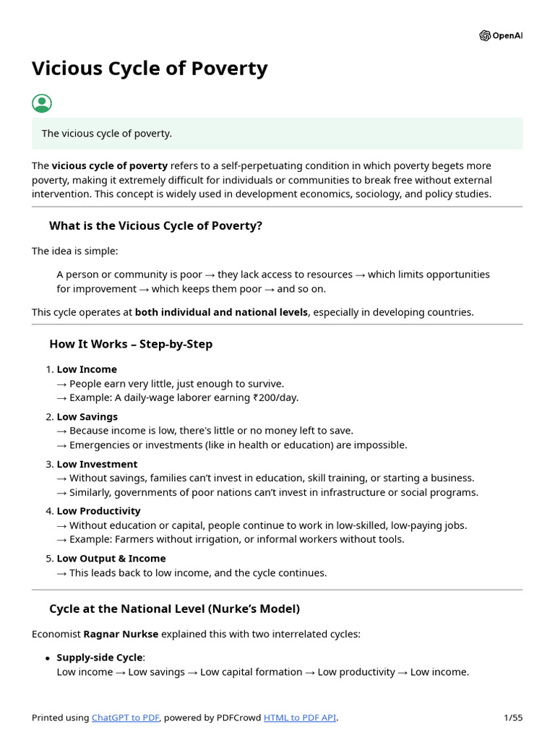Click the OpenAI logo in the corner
click(500, 35)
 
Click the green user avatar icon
click(42, 103)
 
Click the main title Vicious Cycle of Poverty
click(150, 69)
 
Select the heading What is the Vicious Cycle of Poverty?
click(155, 225)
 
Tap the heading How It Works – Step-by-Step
click(131, 344)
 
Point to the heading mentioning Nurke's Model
click(174, 608)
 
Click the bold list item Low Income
click(87, 369)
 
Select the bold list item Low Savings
click(87, 417)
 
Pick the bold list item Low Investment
click(97, 464)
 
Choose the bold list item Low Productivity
click(99, 511)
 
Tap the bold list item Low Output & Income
click(111, 559)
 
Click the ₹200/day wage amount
click(275, 397)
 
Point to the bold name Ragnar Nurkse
click(121, 634)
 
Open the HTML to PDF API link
click(300, 718)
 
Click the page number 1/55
click(513, 718)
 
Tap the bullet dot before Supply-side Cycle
click(48, 658)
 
